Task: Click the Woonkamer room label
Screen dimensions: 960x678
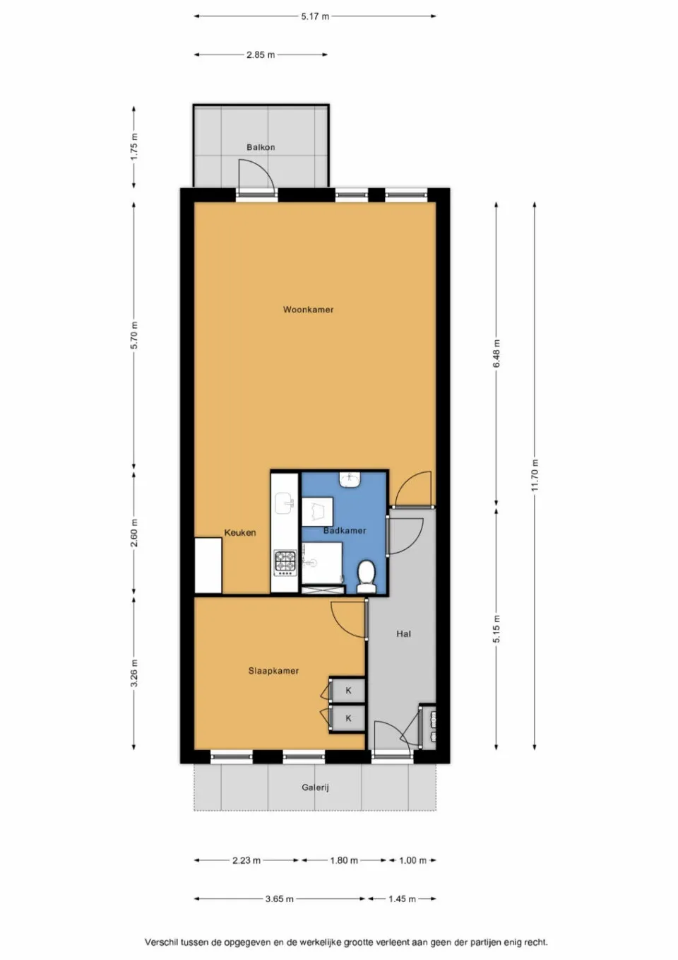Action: (x=308, y=310)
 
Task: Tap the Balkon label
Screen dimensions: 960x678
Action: (x=261, y=147)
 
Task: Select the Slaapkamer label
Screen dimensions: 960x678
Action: (x=273, y=671)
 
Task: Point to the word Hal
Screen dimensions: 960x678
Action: (x=403, y=634)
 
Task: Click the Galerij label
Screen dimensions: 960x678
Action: (x=315, y=788)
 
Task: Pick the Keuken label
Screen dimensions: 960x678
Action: (x=240, y=533)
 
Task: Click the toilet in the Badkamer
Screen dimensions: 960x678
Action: (x=366, y=575)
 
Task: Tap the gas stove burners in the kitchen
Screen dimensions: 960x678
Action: (x=285, y=562)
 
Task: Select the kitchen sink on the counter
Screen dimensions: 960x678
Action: (x=285, y=505)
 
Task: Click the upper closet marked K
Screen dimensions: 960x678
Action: (x=348, y=691)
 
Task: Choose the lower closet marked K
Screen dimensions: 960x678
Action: (x=348, y=718)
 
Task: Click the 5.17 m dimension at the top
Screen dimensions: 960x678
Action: (x=315, y=16)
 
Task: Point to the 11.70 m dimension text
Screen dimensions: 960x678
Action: (x=535, y=475)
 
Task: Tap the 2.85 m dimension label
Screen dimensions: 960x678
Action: (x=261, y=54)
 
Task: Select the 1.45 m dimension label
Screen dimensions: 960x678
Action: (x=402, y=899)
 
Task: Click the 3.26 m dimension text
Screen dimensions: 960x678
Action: (x=134, y=673)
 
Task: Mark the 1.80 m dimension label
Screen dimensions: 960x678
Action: (x=344, y=860)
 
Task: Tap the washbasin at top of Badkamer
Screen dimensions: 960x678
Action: (x=350, y=479)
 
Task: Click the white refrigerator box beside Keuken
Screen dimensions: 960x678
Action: (x=208, y=566)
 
